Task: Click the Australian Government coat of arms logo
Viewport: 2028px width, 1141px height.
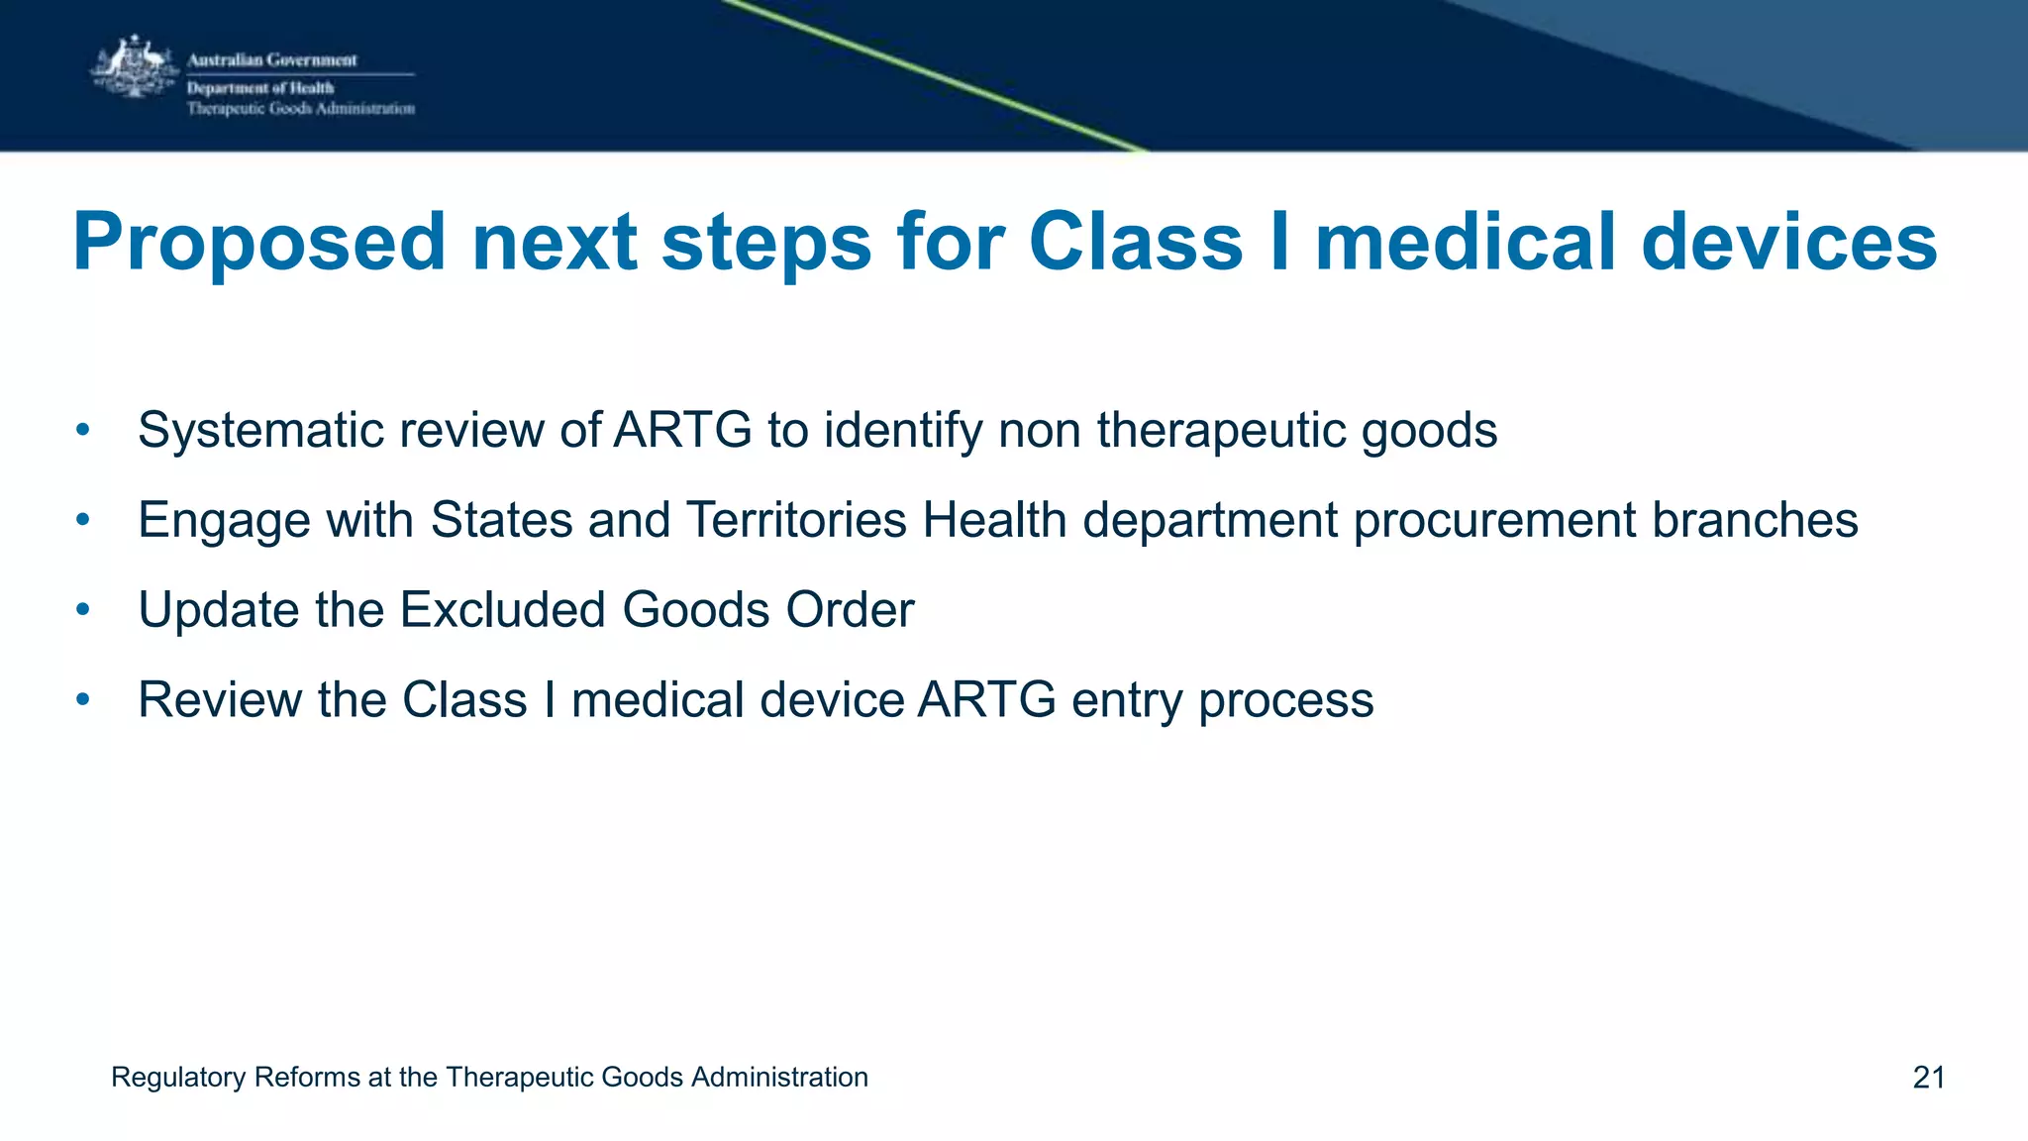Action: (133, 67)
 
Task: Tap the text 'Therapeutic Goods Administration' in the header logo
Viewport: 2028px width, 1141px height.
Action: (301, 109)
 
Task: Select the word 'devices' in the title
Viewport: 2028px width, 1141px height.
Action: (1788, 244)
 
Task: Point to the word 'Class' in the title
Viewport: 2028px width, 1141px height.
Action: (1136, 244)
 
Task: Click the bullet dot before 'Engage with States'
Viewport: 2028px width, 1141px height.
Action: (83, 519)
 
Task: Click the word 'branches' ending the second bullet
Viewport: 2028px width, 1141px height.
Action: (1754, 520)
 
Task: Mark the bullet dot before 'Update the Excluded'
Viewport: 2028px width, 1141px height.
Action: (83, 609)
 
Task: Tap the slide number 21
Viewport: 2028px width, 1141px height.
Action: (1928, 1078)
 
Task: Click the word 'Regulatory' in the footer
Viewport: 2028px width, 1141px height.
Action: (178, 1078)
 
